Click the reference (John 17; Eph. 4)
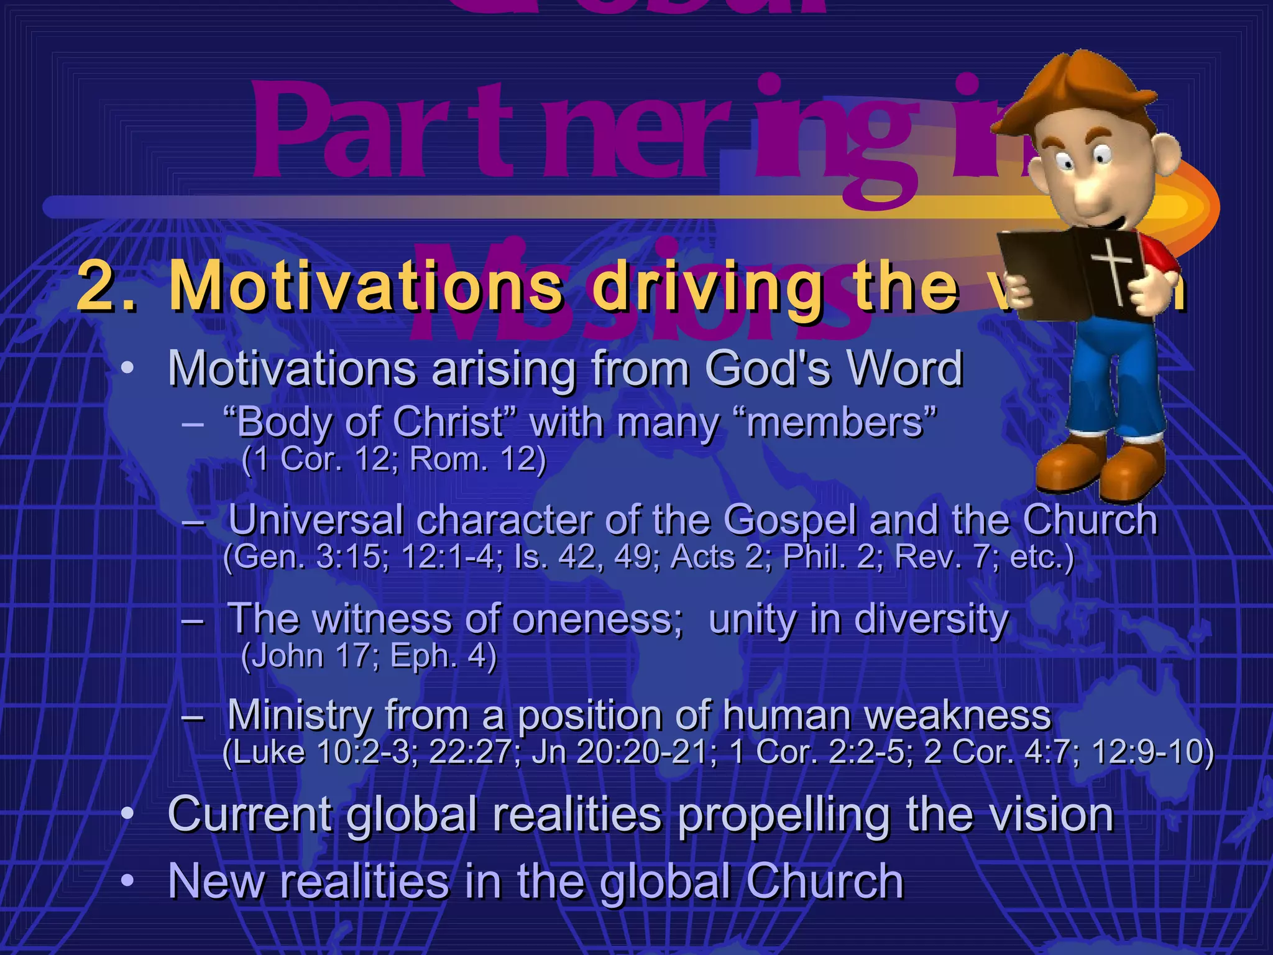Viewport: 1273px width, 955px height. pos(369,656)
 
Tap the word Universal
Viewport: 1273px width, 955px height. pos(316,519)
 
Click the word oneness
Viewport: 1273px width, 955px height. pos(597,619)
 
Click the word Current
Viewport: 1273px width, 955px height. pos(249,814)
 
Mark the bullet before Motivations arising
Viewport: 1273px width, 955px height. pos(127,368)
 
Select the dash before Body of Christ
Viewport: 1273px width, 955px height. pos(193,425)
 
